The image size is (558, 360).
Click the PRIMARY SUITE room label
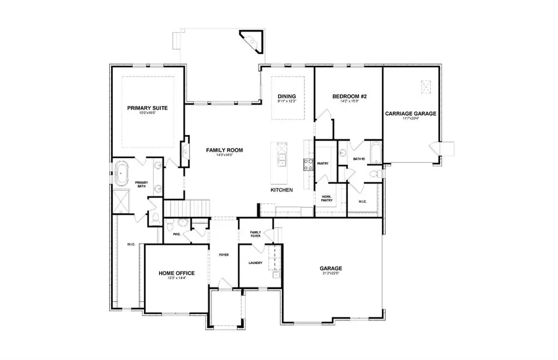pos(148,108)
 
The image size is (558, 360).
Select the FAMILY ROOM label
pos(224,150)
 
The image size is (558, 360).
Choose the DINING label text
pos(286,97)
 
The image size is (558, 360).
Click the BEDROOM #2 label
pos(350,97)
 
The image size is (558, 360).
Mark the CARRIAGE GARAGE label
pos(410,114)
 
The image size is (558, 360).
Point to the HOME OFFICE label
pos(177,273)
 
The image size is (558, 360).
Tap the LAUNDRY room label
pos(255,263)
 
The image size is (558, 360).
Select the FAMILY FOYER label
pos(255,234)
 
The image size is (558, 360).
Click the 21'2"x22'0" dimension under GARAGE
pos(331,274)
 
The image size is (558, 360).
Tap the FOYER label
pos(224,254)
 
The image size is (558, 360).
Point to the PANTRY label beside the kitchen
pos(323,164)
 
